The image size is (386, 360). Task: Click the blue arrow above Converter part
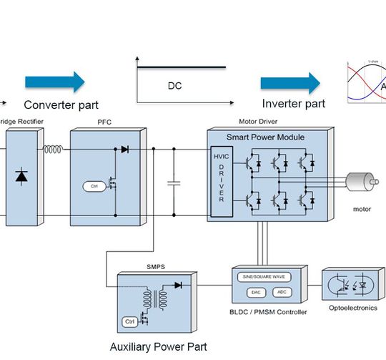[55, 82]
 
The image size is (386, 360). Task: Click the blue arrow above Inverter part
[289, 82]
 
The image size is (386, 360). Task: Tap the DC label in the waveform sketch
[174, 87]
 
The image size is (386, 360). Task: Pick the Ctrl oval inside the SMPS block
[130, 321]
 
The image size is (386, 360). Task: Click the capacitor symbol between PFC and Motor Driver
[172, 183]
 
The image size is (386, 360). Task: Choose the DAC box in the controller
[256, 292]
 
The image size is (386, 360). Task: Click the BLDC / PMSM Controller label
[270, 312]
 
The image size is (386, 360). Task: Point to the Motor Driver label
[259, 122]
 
